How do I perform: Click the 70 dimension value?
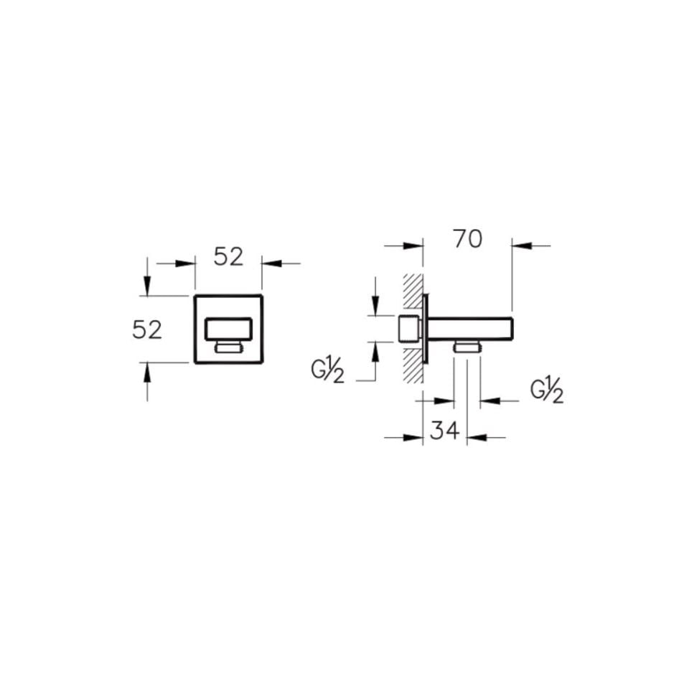tap(468, 239)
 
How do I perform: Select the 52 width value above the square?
tap(228, 257)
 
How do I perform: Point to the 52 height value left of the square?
tap(147, 329)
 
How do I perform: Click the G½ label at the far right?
tap(547, 391)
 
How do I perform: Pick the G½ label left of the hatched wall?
tap(328, 372)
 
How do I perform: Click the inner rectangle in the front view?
tap(228, 329)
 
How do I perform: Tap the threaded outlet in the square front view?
tap(228, 348)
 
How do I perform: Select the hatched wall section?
tap(413, 328)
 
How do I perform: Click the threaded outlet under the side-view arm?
tap(467, 347)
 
